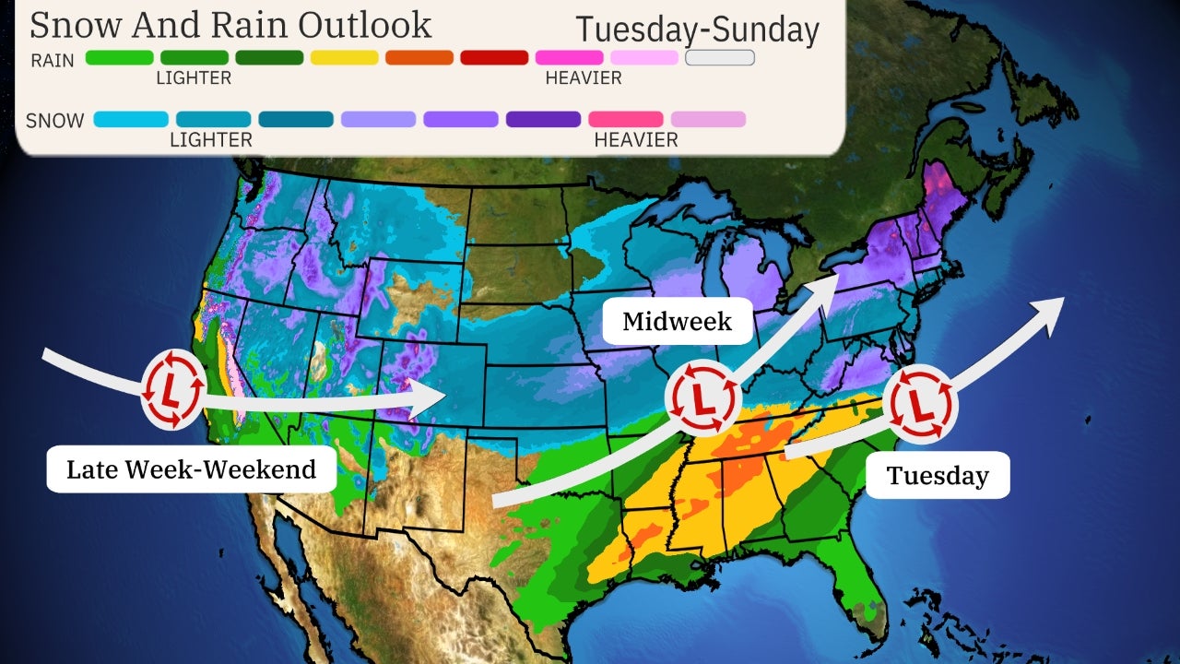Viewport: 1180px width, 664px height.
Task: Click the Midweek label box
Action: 678,321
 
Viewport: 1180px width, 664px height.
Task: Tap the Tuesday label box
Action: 938,476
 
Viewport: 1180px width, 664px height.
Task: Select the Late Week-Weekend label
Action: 191,468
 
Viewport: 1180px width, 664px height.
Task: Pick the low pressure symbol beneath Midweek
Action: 702,397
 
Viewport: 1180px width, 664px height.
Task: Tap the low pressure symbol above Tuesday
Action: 920,402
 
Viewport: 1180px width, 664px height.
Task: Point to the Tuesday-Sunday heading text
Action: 697,30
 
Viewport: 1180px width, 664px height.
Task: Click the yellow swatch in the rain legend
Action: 344,57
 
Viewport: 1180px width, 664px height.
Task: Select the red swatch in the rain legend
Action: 494,57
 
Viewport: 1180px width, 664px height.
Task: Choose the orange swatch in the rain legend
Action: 419,57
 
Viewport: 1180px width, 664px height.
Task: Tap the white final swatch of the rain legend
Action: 720,57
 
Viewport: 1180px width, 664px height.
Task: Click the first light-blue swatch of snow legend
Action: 131,119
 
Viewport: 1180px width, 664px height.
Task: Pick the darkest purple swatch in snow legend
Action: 543,119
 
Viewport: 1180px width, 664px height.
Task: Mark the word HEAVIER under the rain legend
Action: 584,78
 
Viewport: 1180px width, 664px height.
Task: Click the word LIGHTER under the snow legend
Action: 210,140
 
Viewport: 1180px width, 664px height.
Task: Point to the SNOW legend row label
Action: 54,120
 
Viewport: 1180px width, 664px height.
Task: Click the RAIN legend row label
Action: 53,60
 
